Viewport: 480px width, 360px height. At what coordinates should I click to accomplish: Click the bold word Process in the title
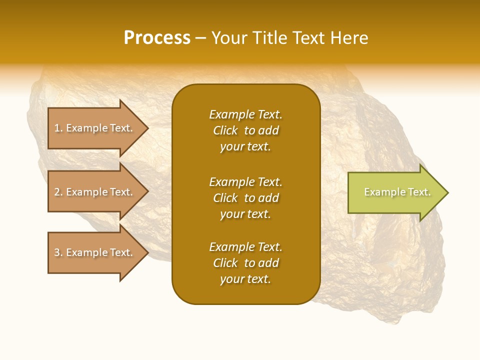coord(157,38)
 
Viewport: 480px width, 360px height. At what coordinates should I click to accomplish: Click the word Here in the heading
coord(349,38)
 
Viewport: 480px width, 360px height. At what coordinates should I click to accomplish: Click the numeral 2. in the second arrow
coord(58,192)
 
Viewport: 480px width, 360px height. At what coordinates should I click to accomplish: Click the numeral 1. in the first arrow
coord(58,128)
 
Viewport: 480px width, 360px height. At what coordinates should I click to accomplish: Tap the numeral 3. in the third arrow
coord(58,252)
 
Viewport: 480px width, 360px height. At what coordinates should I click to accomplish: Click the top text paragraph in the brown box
coord(245,130)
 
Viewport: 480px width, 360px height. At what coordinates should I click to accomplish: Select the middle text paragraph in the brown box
coord(245,198)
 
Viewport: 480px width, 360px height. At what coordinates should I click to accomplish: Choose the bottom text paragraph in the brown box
coord(245,263)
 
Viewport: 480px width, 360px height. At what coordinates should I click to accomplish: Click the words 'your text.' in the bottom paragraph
coord(245,279)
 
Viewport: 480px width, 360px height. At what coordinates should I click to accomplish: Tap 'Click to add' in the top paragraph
coord(245,130)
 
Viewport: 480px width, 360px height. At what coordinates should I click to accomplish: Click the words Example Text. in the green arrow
coord(397,192)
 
